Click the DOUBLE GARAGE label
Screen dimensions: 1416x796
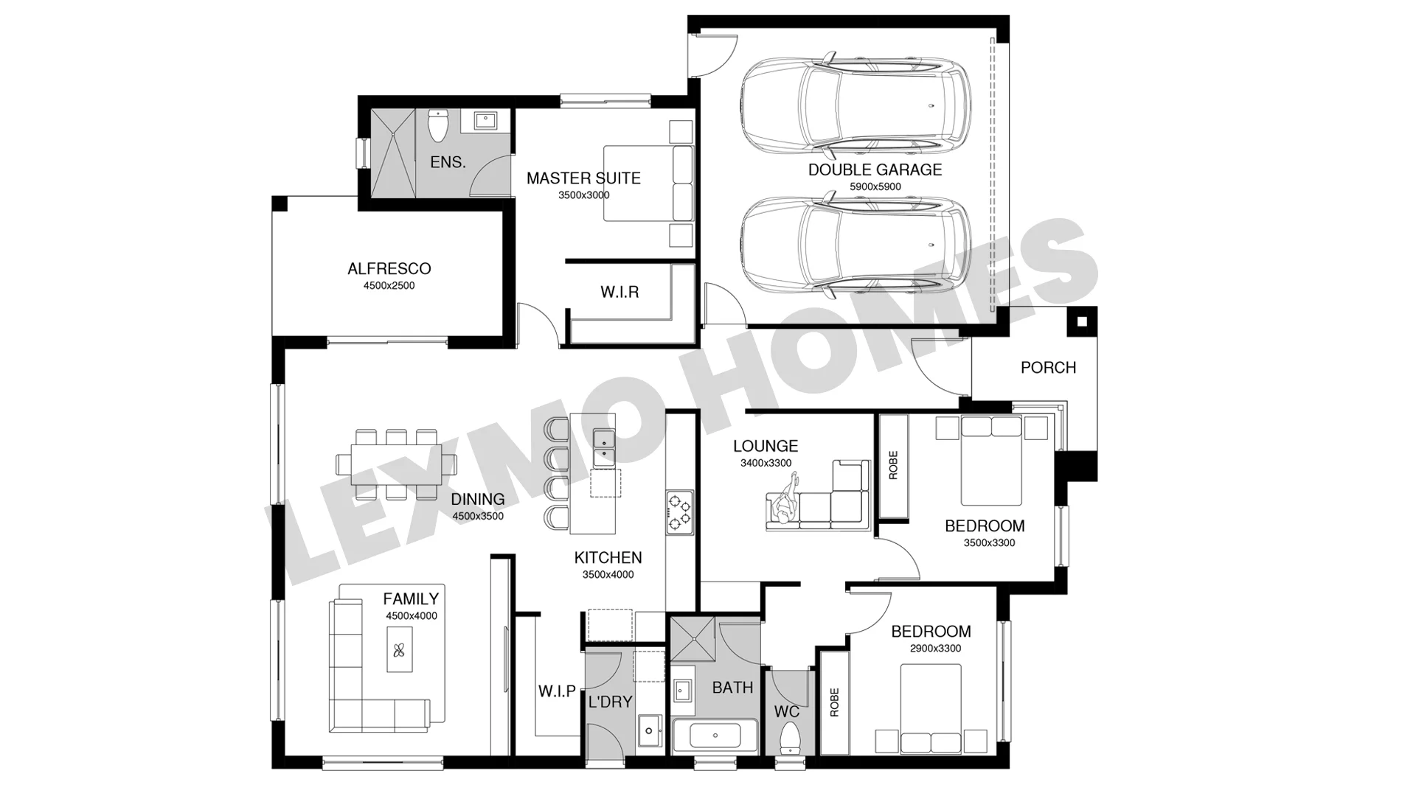pos(875,170)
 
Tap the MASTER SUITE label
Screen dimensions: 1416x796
pos(583,178)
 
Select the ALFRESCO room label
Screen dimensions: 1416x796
pos(389,269)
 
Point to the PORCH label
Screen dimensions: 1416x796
pos(1048,368)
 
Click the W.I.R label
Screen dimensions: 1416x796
pos(619,293)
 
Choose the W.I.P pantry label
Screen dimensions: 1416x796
pos(557,691)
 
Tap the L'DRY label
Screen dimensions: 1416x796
pos(610,702)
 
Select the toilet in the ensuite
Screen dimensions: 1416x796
pos(439,126)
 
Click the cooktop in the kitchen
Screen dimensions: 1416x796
pos(679,512)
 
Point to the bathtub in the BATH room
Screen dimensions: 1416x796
pos(715,736)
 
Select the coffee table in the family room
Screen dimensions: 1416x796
pos(400,649)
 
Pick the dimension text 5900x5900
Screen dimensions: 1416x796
pos(875,187)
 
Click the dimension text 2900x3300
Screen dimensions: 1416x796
pos(935,649)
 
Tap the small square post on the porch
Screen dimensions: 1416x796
pos(1082,321)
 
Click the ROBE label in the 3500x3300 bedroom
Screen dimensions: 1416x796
pos(894,466)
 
